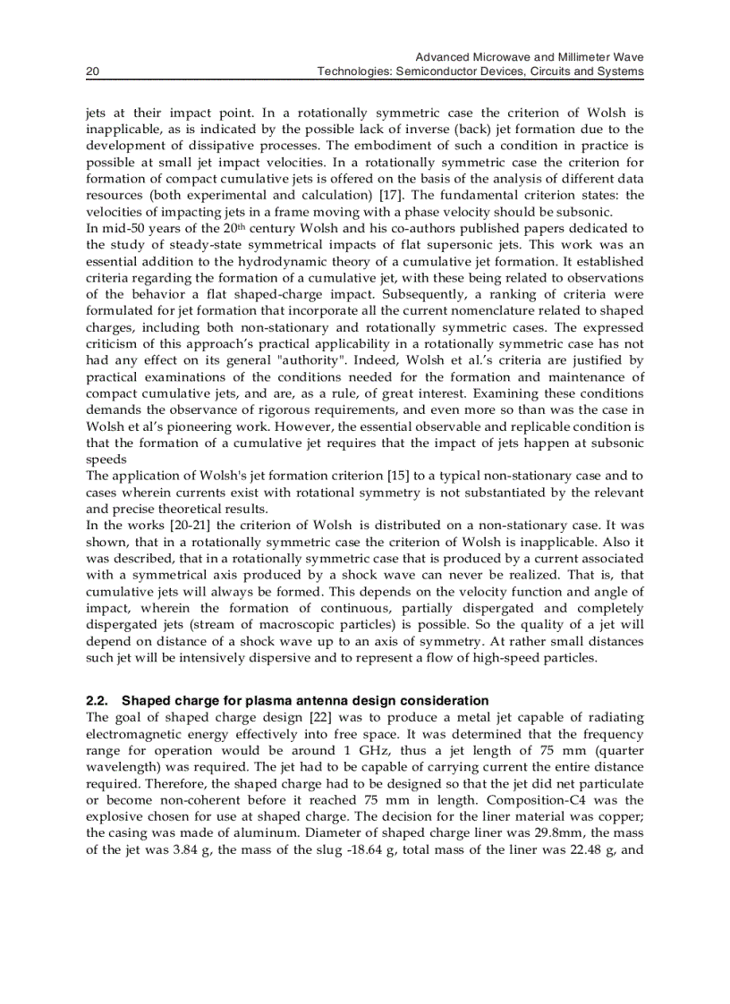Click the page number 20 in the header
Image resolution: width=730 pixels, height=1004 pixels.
[x=91, y=72]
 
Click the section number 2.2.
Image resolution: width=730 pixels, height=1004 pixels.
[x=97, y=701]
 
